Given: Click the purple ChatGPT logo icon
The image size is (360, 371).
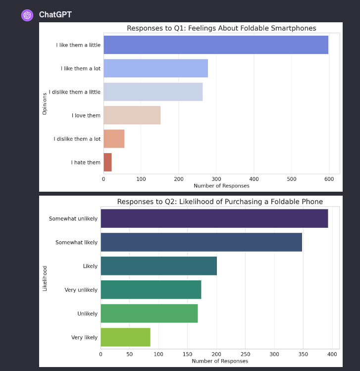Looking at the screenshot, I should pyautogui.click(x=27, y=15).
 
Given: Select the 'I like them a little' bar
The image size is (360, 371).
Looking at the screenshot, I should pyautogui.click(x=215, y=45).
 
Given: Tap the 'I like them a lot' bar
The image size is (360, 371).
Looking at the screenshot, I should pyautogui.click(x=155, y=68).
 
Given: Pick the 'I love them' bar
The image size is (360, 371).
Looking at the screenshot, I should pyautogui.click(x=132, y=115).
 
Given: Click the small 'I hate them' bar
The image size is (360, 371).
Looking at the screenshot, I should pyautogui.click(x=107, y=162).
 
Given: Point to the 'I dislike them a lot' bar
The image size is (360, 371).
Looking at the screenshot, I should pyautogui.click(x=114, y=139).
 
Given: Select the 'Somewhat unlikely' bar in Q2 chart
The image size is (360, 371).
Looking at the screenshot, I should pyautogui.click(x=214, y=218).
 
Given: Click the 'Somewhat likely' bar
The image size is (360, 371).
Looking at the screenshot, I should pyautogui.click(x=201, y=242).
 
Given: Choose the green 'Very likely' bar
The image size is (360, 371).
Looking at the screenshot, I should pyautogui.click(x=125, y=337).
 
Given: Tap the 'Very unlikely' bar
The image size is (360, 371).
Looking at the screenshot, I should pyautogui.click(x=151, y=290).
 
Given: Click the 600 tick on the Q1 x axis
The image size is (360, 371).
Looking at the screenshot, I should pyautogui.click(x=329, y=179).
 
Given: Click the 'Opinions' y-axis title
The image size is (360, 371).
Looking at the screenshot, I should pyautogui.click(x=45, y=104).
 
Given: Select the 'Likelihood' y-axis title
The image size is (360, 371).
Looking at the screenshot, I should pyautogui.click(x=45, y=278).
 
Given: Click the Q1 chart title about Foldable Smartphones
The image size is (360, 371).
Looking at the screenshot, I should pyautogui.click(x=221, y=28).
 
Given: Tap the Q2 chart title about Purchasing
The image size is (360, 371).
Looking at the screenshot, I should pyautogui.click(x=220, y=202).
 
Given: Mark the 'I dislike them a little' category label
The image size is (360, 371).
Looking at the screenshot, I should pyautogui.click(x=75, y=92).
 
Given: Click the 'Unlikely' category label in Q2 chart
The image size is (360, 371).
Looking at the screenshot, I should pyautogui.click(x=87, y=314).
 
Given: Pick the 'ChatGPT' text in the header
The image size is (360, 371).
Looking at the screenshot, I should pyautogui.click(x=55, y=15).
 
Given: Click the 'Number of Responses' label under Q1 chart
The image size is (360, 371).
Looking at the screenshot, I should pyautogui.click(x=221, y=186).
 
